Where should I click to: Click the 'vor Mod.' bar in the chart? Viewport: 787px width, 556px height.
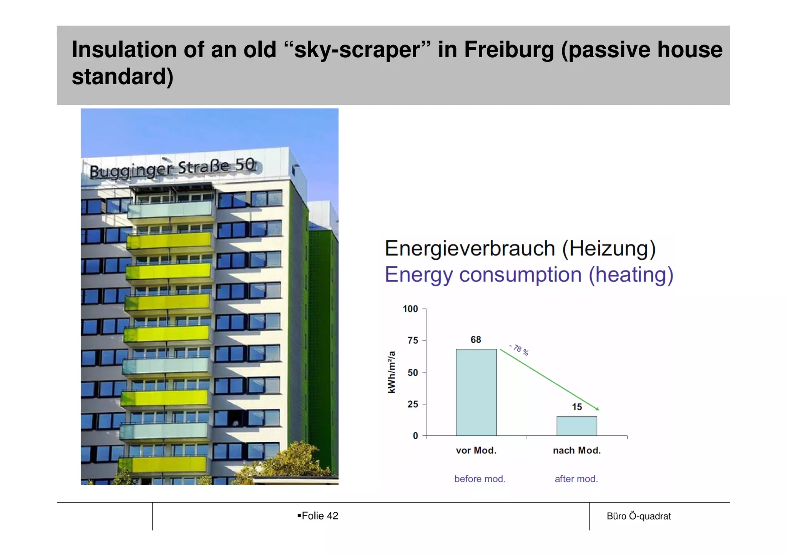click(x=476, y=392)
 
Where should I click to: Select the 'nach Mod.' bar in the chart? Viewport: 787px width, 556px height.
click(x=576, y=426)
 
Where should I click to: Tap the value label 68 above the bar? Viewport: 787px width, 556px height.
click(x=476, y=340)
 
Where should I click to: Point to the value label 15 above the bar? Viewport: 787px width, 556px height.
click(x=577, y=407)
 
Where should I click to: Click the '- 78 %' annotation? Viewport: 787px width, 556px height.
click(x=520, y=350)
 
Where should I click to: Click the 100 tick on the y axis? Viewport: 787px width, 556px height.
click(x=410, y=309)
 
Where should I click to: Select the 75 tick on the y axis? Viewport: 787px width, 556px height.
click(x=413, y=340)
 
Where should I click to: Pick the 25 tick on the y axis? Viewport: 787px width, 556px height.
click(x=413, y=404)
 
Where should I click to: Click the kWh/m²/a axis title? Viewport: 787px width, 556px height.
click(x=392, y=372)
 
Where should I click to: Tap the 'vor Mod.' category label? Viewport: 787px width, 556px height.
click(x=476, y=450)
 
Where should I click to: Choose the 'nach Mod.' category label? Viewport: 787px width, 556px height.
click(x=576, y=450)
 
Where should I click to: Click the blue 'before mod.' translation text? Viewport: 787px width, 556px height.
click(x=480, y=479)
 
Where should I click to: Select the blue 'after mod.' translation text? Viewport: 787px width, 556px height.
click(x=576, y=479)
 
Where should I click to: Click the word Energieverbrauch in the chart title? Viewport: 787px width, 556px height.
click(x=470, y=248)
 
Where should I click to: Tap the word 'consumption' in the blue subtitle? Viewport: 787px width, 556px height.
click(x=520, y=275)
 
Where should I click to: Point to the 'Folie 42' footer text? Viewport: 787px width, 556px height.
click(x=320, y=516)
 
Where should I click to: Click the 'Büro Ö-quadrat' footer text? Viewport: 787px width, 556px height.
click(x=639, y=516)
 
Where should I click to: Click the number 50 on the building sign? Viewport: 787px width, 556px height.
click(x=245, y=164)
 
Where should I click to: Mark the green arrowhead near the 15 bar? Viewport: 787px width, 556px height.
click(x=597, y=409)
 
